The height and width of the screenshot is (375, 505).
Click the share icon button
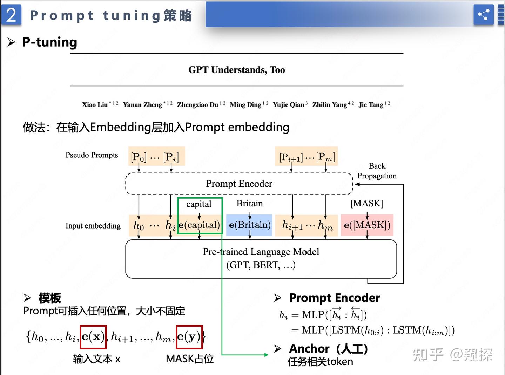(483, 15)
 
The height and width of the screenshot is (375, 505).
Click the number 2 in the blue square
(11, 15)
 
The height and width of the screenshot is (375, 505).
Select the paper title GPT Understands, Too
(237, 70)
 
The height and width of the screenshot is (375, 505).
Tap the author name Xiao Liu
(95, 105)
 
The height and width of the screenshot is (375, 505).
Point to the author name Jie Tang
(371, 105)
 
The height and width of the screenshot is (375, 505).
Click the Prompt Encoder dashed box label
(239, 184)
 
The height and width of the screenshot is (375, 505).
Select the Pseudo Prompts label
(92, 155)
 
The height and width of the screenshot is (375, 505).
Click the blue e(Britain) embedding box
(249, 225)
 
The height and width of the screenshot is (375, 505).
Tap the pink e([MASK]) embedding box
(367, 225)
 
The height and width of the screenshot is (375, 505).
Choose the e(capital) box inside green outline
(199, 225)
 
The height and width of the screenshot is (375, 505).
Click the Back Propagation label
(377, 171)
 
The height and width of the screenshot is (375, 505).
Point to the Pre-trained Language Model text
(261, 252)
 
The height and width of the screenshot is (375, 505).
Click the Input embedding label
(93, 226)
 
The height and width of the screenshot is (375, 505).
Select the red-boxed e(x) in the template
(93, 337)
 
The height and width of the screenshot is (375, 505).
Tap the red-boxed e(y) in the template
(189, 337)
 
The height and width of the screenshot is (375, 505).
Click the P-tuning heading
(49, 42)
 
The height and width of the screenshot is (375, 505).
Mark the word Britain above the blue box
(249, 204)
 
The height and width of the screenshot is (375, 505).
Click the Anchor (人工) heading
(328, 349)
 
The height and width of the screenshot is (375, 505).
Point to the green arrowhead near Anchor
(266, 355)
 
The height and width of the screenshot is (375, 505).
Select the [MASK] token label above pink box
(367, 204)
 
